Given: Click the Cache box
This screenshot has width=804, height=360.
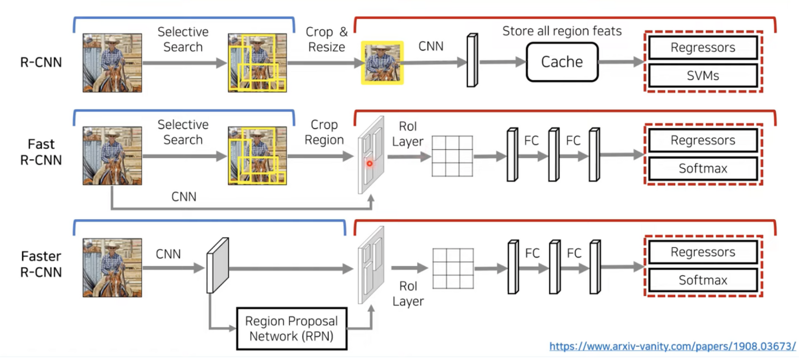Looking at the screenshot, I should pos(562,62).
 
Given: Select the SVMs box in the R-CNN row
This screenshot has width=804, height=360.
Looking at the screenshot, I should pos(703,76).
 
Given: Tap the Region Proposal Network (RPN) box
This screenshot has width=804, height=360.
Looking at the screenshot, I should pos(291,329).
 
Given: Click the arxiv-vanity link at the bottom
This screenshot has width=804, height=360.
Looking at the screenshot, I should pos(672,346).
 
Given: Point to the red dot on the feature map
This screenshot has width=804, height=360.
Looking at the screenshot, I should pos(369,163).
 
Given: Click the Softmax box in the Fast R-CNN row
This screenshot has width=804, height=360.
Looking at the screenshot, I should pos(703,169).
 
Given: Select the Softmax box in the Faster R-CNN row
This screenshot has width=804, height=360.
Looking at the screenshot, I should pos(703,280).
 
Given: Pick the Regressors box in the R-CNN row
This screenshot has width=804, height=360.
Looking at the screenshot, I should pos(703,48).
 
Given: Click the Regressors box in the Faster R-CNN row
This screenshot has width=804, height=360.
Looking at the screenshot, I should pos(703,252).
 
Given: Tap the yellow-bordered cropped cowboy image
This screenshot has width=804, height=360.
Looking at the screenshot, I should pos(382,63).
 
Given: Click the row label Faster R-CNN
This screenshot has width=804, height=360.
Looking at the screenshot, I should pos(41,264).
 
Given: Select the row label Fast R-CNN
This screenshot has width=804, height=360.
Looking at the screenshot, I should pos(41,152).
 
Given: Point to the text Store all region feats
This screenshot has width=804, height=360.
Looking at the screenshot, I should pos(562,31).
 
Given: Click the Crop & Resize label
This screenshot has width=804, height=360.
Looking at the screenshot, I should pos(326,39).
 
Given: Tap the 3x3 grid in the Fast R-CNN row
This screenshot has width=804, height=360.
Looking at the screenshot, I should pos(452,156).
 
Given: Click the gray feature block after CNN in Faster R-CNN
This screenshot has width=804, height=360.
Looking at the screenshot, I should pos(217,266).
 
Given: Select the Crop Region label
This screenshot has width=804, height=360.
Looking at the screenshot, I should pos(324,132).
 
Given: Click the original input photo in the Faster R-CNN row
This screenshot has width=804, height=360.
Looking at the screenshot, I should pos(112,267).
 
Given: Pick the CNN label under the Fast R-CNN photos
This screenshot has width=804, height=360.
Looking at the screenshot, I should pos(184,197).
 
